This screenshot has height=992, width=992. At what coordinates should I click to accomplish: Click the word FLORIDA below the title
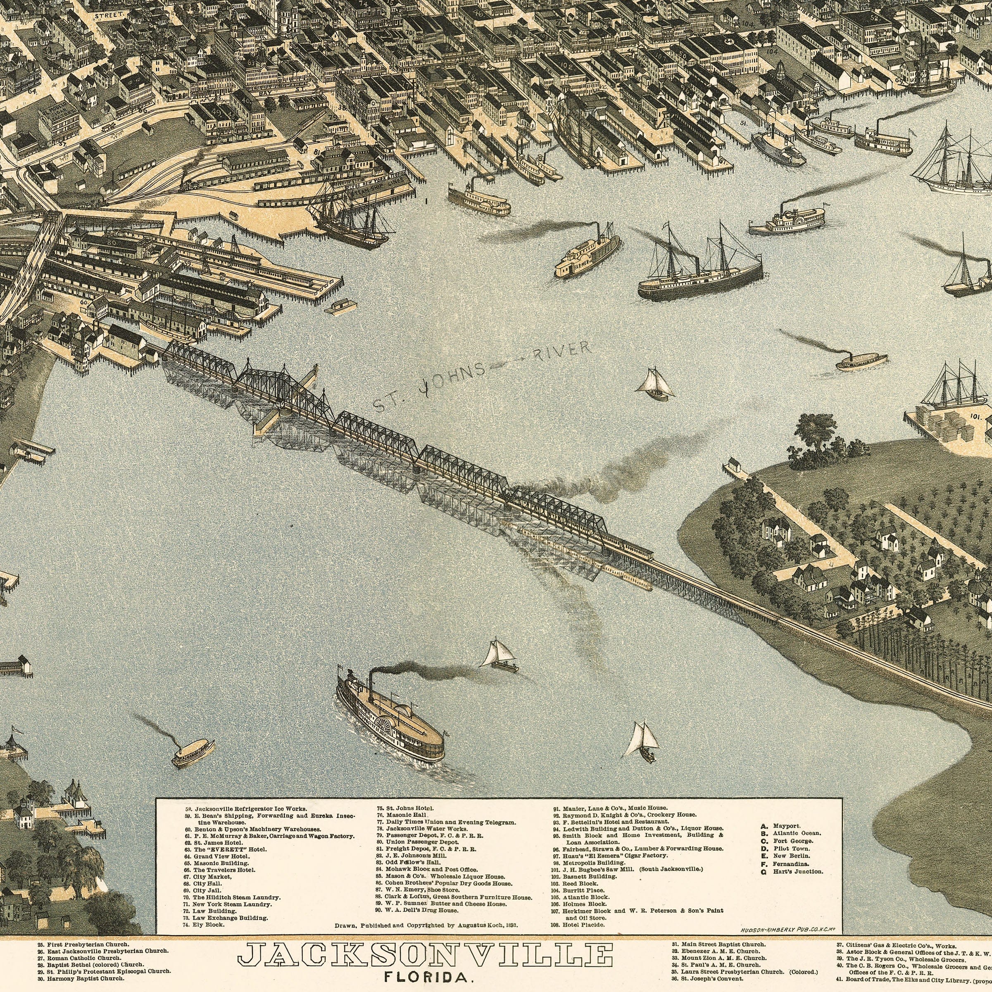point(426,977)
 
